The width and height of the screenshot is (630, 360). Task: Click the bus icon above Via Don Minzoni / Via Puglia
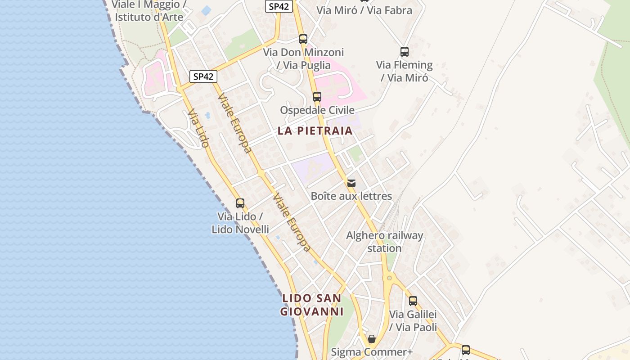pos(303,39)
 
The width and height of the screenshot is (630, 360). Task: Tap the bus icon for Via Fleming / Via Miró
pos(405,52)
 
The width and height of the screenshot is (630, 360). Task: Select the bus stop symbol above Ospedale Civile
pos(317,97)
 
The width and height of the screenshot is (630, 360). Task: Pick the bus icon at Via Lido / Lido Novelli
pos(240,203)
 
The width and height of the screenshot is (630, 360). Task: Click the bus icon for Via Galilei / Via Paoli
pos(413,301)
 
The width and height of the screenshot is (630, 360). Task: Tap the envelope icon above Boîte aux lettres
pos(351,183)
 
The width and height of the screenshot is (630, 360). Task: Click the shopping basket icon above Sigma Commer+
pos(372,339)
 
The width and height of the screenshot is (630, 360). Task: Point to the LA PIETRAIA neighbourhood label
pos(315,131)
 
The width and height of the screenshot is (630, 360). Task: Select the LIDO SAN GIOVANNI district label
pos(312,305)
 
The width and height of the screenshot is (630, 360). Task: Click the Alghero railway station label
pos(385,242)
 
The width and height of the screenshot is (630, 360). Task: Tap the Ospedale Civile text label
pos(317,110)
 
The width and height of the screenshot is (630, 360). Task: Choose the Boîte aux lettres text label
pos(351,196)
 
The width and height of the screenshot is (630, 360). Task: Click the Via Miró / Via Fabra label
pos(364,10)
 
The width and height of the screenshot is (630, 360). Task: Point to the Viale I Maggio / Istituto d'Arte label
pos(149,11)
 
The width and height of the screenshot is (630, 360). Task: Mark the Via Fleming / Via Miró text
pos(405,71)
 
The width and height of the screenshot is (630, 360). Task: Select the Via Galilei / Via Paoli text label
pos(413,320)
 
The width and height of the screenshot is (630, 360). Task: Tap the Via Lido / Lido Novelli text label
pos(240,223)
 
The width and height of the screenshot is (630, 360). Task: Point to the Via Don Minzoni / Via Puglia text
pos(303,58)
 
